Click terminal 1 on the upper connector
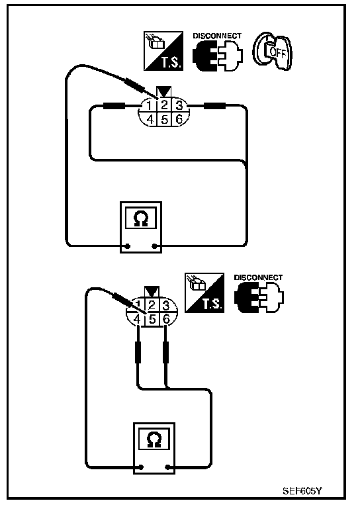click(149, 105)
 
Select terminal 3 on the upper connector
click(179, 105)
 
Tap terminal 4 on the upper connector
click(150, 119)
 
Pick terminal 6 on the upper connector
click(179, 119)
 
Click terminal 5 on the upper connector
click(165, 119)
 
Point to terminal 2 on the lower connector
click(152, 305)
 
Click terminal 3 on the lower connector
click(166, 305)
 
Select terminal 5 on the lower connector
click(152, 320)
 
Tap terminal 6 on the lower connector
click(166, 320)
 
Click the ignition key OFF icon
click(272, 51)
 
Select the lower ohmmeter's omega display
click(154, 438)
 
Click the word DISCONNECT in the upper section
click(217, 36)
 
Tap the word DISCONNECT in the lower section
click(258, 277)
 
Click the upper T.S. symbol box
click(163, 51)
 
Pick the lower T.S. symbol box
click(204, 293)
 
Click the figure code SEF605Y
click(302, 491)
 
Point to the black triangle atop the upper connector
click(165, 91)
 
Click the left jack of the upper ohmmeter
click(127, 246)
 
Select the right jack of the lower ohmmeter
click(167, 467)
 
